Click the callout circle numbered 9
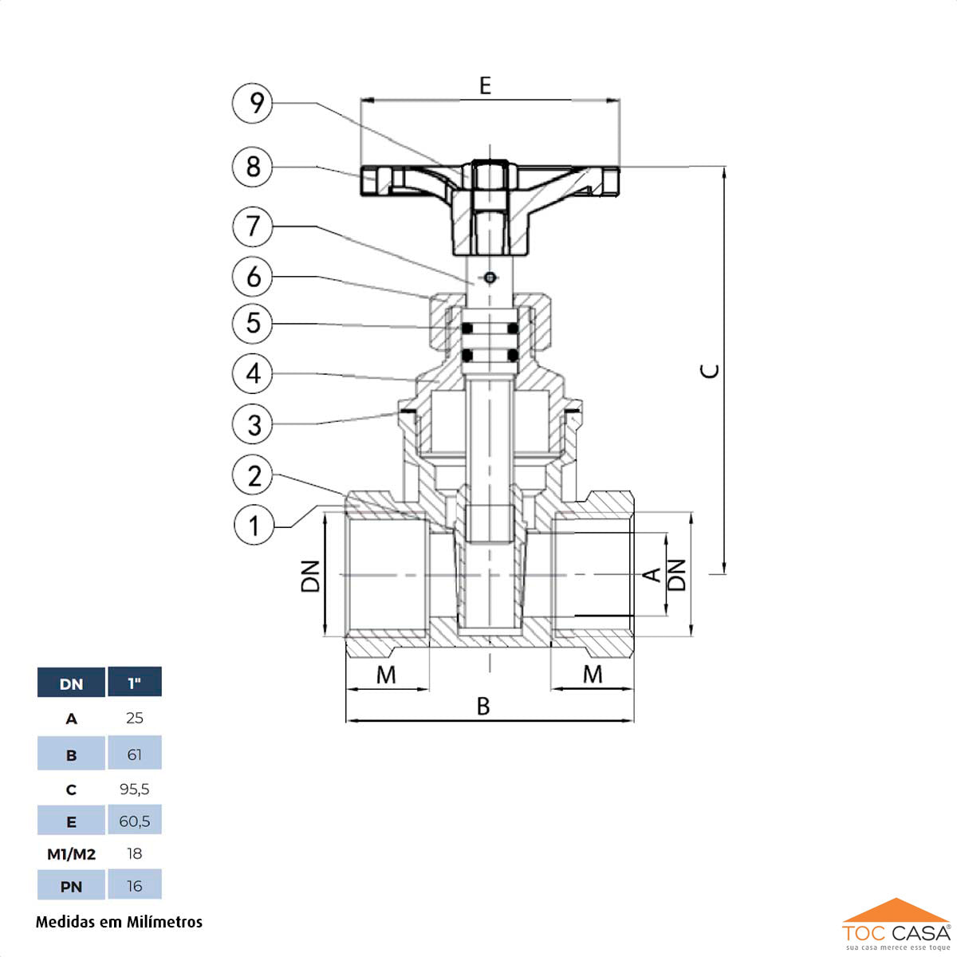click(x=253, y=103)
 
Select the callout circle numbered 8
click(x=253, y=167)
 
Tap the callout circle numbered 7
click(x=253, y=226)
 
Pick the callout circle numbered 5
click(x=253, y=323)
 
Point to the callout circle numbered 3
click(x=253, y=424)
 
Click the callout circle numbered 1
click(x=254, y=526)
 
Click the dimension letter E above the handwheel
click(x=485, y=85)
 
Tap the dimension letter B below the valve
click(x=483, y=707)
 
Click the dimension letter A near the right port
click(x=652, y=574)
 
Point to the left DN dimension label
click(x=310, y=576)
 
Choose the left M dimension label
click(x=386, y=675)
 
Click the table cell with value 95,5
click(x=135, y=789)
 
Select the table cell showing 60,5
click(x=135, y=821)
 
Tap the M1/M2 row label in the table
click(x=71, y=854)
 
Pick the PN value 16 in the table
click(x=135, y=886)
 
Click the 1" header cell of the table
click(x=135, y=683)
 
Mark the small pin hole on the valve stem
click(x=489, y=278)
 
